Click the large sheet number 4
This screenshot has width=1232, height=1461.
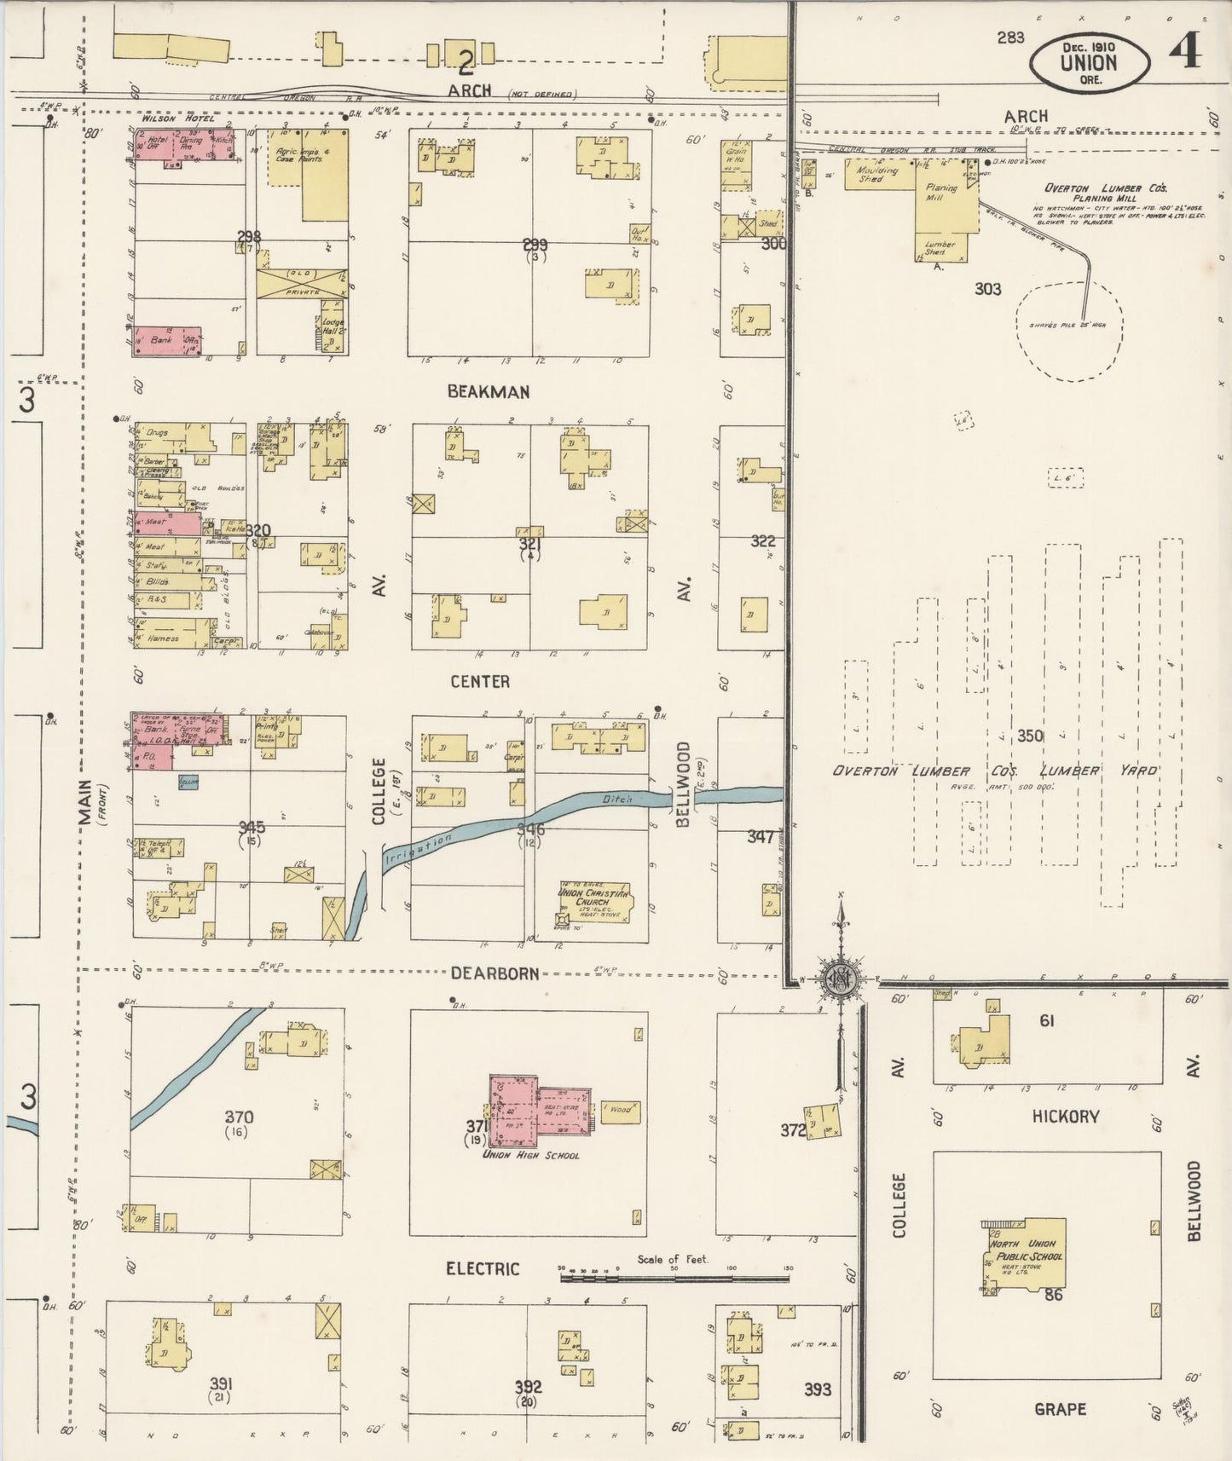[x=1184, y=51]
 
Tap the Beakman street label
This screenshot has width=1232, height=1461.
[x=489, y=392]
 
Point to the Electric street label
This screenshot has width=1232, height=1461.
[x=483, y=1269]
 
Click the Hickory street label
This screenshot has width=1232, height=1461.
[x=1065, y=1116]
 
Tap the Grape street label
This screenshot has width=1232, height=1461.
[x=1060, y=1409]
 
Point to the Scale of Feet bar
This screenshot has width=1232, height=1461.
[x=674, y=1277]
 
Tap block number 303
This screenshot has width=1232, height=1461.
[x=987, y=290]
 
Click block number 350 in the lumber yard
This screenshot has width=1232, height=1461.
[x=1029, y=735]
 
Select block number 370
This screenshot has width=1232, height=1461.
[x=239, y=1117]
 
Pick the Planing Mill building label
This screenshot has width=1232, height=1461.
[x=940, y=193]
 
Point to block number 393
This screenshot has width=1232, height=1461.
[x=817, y=1389]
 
